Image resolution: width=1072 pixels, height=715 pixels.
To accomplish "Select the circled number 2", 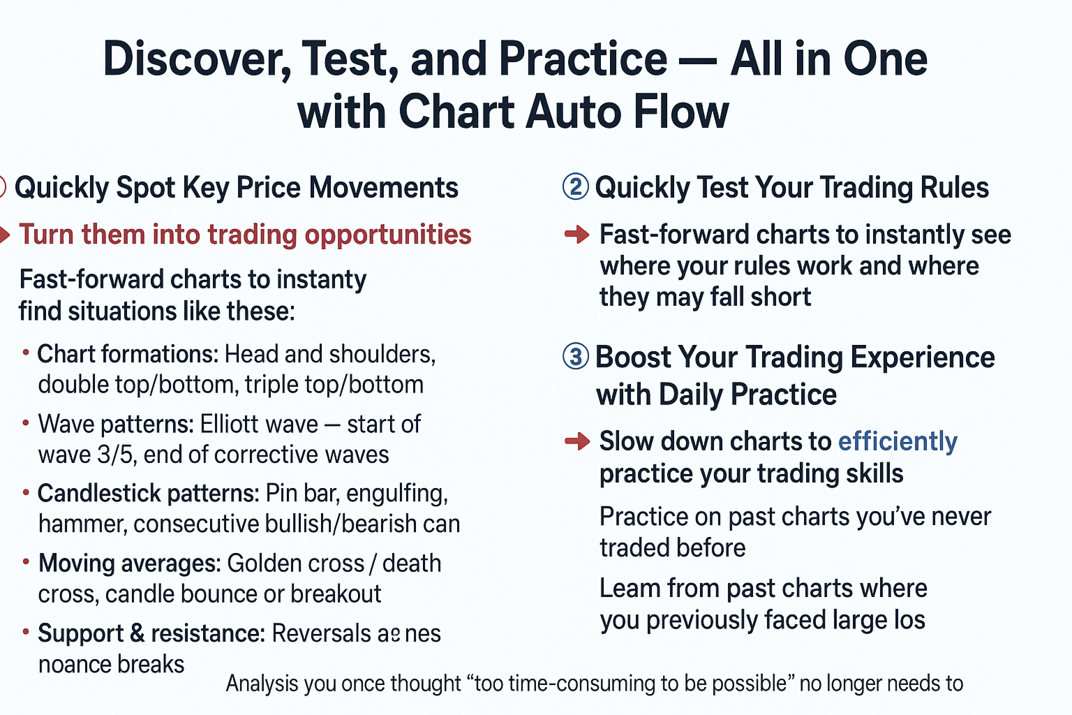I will coord(575,187).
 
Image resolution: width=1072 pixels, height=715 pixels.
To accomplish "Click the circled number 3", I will coord(575,357).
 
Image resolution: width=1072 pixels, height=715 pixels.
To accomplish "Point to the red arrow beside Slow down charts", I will coord(577,441).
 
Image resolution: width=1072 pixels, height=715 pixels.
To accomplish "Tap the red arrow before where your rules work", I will coord(577,235).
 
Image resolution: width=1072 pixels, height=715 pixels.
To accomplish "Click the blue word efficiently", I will coord(898,441).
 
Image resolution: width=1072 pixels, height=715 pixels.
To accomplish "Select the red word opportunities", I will coord(388,235).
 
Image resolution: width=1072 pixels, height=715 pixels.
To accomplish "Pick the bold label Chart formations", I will coord(127,354).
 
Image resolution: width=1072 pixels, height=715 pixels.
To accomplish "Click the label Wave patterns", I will coord(115,424).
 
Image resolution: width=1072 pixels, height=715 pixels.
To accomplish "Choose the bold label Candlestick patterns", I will coord(148,494).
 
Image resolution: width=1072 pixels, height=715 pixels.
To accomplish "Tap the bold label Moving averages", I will coord(129,563).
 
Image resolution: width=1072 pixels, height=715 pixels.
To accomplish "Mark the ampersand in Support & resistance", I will coord(137,633).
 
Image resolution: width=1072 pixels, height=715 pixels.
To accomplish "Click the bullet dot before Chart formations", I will coord(26,353).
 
